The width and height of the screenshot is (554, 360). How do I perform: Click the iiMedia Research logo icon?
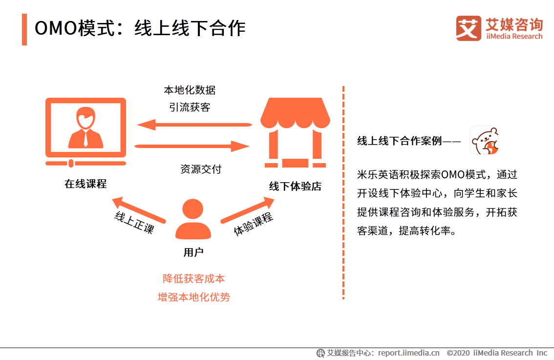(x=469, y=28)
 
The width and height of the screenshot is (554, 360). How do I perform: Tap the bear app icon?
(x=484, y=141)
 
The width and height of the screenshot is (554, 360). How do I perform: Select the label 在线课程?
(x=85, y=184)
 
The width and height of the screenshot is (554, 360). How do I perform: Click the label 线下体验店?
(x=295, y=186)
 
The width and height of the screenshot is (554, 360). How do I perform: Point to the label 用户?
(x=193, y=252)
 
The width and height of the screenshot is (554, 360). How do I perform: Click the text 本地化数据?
(x=190, y=90)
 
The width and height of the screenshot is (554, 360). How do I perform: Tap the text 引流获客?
(x=190, y=107)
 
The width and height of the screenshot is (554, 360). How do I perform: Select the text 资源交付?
(x=201, y=169)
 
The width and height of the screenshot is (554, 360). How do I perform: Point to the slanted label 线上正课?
(x=134, y=222)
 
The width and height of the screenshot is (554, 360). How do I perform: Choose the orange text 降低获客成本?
(x=194, y=278)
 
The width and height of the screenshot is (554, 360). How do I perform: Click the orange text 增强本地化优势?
(x=194, y=296)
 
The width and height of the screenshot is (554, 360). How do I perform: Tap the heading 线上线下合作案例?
(x=400, y=141)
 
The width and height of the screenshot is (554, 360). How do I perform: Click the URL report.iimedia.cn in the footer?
(x=408, y=353)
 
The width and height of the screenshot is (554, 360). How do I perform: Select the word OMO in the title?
(x=56, y=28)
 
